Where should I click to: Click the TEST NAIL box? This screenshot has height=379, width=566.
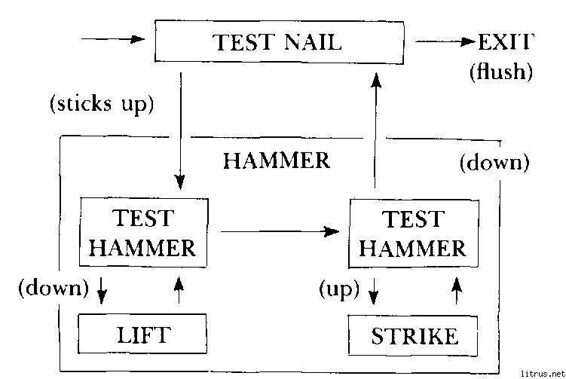[x=277, y=41]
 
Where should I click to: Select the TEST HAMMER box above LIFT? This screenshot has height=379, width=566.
[x=142, y=232]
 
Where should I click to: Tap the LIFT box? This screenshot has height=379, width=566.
[x=142, y=334]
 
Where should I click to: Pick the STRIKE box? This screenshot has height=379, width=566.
[x=414, y=335]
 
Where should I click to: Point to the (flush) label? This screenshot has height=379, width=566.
[x=500, y=73]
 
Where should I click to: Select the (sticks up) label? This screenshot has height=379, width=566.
[x=101, y=103]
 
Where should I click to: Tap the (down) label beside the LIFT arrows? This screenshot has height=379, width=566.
[x=54, y=287]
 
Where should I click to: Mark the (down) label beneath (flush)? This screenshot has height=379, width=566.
[x=494, y=162]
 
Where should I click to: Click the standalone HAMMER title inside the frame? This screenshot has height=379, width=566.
[x=277, y=160]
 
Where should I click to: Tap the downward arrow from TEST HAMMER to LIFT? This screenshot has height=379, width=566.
[x=102, y=290]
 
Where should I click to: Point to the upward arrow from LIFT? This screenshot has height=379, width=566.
[x=178, y=289]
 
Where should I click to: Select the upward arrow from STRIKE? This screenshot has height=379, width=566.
[x=455, y=289]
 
